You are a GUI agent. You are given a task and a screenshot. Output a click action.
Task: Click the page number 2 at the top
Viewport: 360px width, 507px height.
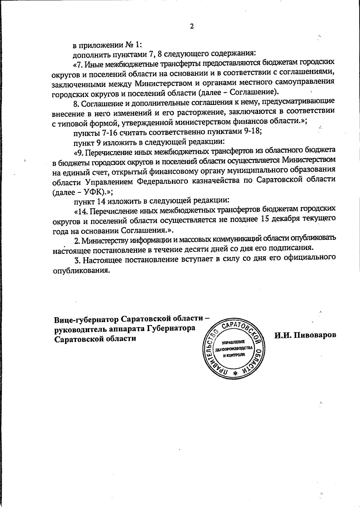(192, 26)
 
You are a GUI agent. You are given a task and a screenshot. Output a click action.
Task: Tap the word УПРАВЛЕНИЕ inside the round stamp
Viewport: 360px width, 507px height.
(234, 342)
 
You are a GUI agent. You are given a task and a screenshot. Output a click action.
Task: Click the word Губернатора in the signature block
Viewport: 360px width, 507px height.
(171, 329)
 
